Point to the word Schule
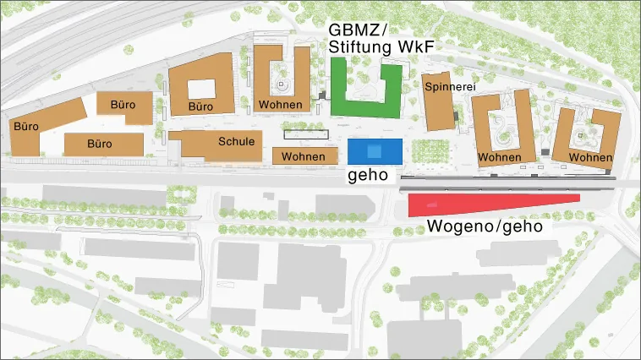[x=236, y=141]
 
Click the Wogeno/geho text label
[x=484, y=226]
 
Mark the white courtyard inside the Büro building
[x=200, y=88]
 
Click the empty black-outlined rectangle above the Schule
[x=305, y=134]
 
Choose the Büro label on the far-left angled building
[x=26, y=126]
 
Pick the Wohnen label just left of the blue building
[x=303, y=157]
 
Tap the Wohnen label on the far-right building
[x=590, y=158]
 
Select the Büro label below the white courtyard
[x=200, y=106]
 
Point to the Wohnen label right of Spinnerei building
[x=499, y=158]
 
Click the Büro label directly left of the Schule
[x=100, y=144]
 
